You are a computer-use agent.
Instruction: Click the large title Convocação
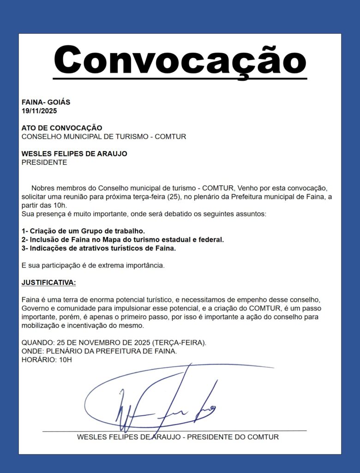(180, 60)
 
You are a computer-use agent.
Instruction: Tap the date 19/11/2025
(39, 111)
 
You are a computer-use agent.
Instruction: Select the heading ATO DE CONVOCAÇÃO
(62, 128)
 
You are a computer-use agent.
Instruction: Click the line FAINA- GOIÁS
(46, 102)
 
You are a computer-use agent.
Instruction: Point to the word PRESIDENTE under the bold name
(44, 163)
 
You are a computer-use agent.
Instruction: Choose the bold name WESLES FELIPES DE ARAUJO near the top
(74, 154)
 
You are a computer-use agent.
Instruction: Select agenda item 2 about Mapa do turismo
(123, 240)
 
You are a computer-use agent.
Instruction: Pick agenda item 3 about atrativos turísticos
(99, 249)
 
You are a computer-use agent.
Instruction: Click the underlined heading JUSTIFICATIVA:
(49, 283)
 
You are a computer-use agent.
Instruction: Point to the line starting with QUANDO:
(114, 343)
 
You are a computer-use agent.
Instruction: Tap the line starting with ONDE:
(99, 352)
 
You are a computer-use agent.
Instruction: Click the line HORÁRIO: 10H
(47, 360)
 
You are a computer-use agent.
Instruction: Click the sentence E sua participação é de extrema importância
(93, 266)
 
